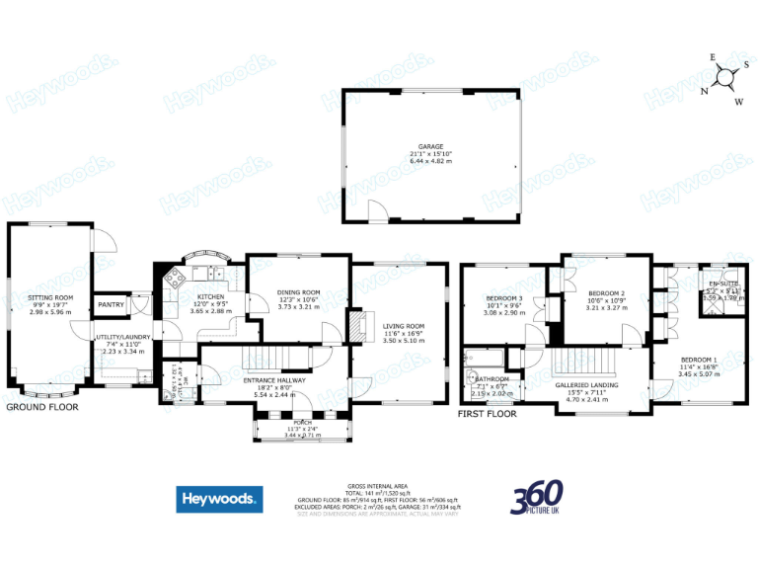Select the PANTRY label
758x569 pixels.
(111, 304)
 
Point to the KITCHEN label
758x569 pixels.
(210, 296)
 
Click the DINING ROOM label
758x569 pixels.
(299, 292)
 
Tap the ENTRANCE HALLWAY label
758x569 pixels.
(275, 380)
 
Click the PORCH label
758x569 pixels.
(302, 422)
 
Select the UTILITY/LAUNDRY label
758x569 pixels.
(121, 338)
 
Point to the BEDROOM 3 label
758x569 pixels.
(503, 297)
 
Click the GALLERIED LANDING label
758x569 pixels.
(586, 386)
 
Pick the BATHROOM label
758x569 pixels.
(492, 379)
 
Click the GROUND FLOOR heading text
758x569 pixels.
(41, 406)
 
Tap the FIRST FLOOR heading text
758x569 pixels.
(488, 415)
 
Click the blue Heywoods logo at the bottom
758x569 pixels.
(219, 499)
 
